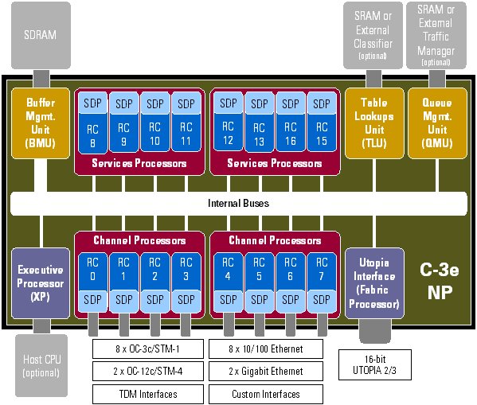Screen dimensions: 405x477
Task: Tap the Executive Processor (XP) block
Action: [x=37, y=282]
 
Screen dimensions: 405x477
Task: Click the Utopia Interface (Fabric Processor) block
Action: [x=373, y=282]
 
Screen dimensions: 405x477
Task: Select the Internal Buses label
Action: [x=239, y=203]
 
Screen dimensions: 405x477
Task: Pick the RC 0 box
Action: [x=92, y=268]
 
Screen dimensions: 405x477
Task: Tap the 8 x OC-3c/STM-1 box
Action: [x=147, y=349]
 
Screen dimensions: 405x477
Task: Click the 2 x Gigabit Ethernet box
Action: [x=267, y=371]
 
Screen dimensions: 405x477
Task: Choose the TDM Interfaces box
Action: [x=147, y=394]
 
